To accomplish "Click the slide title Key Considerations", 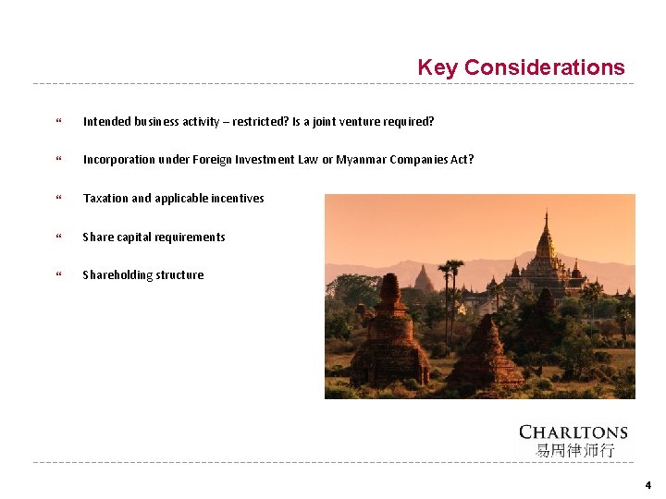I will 521,67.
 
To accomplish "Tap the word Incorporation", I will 118,160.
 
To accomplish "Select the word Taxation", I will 105,199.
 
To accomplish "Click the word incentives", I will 238,199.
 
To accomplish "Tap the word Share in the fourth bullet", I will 98,237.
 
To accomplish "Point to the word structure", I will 181,275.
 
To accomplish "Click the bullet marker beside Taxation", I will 59,199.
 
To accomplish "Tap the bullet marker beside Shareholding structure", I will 59,275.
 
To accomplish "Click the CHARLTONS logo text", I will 573,432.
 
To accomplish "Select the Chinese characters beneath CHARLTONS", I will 574,451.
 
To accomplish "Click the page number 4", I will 647,485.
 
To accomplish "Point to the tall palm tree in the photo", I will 451,277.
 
